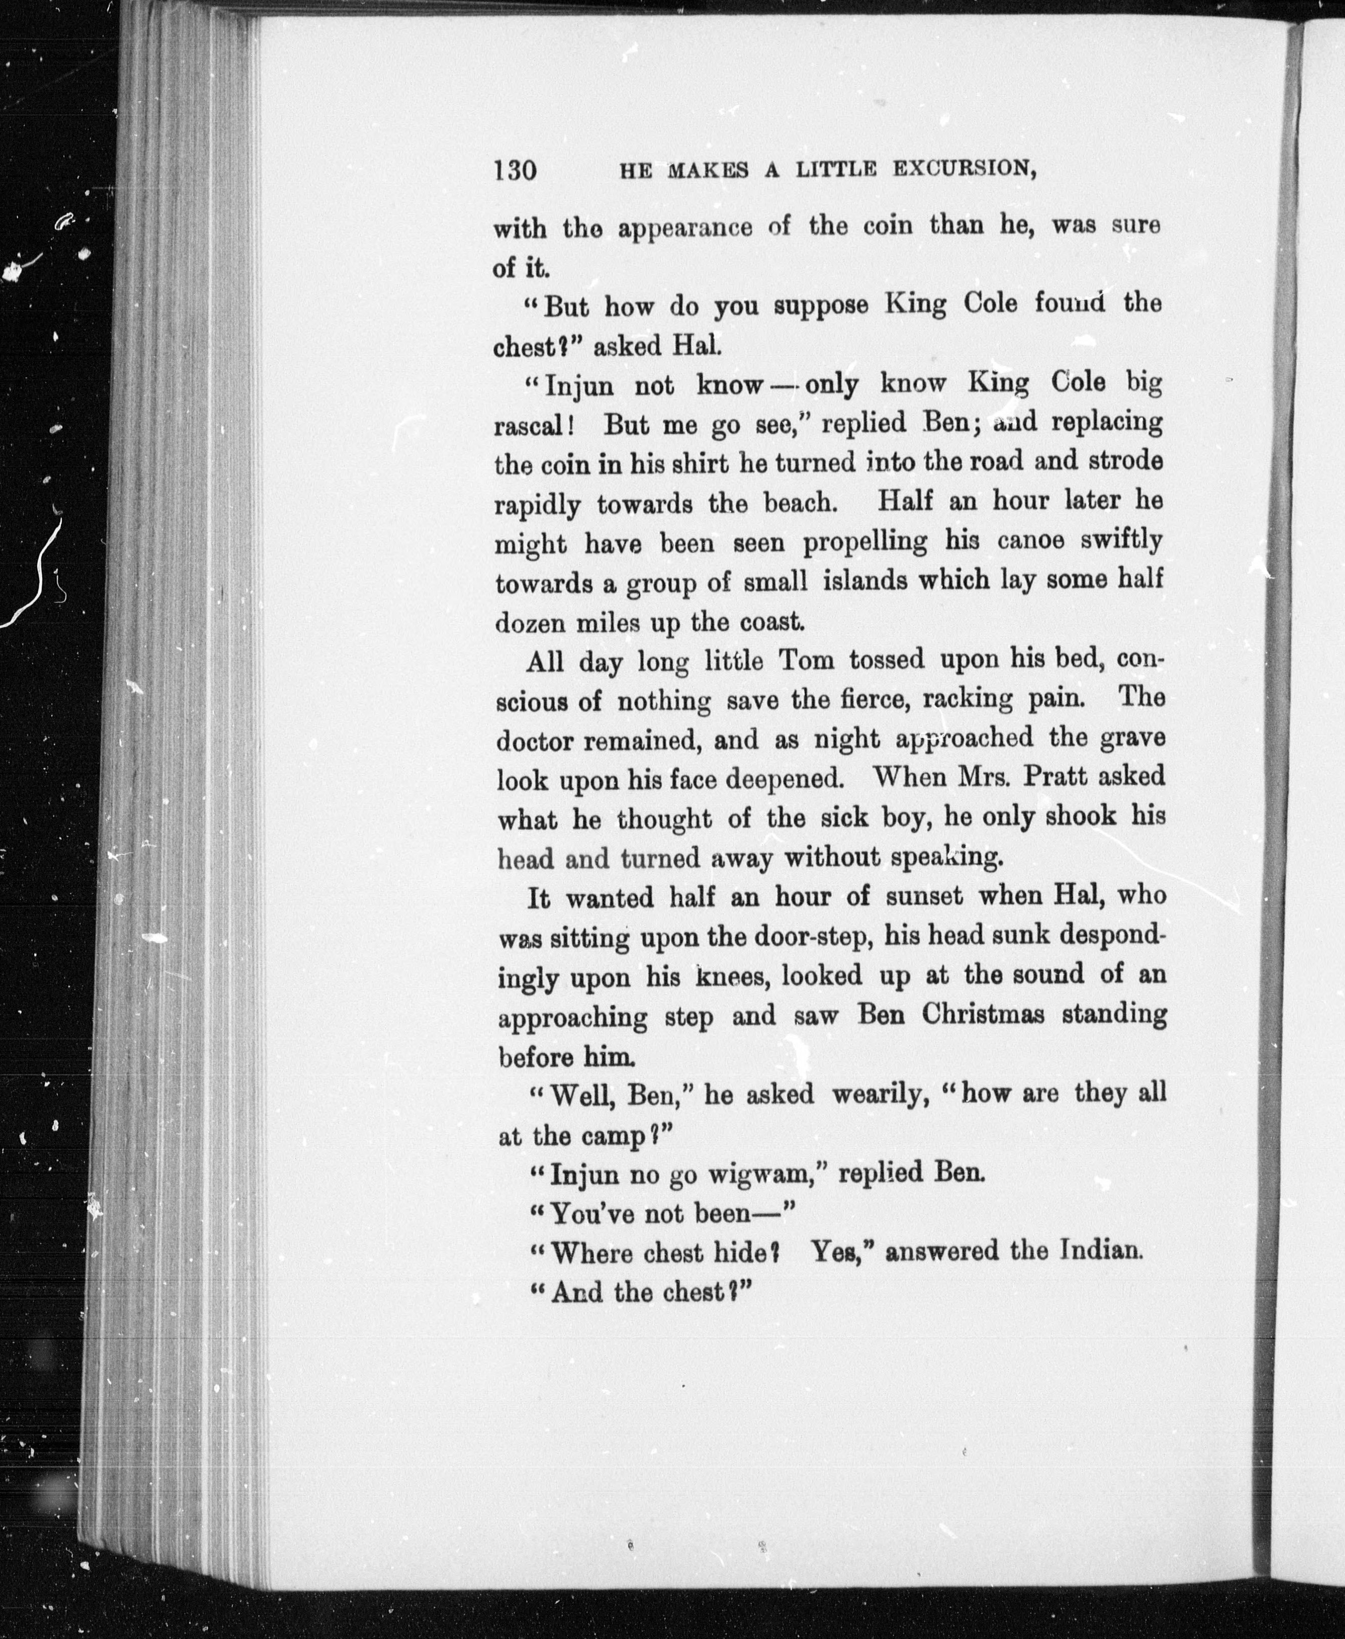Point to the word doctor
click(x=534, y=741)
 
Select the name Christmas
click(x=983, y=1015)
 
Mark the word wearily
click(x=881, y=1095)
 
